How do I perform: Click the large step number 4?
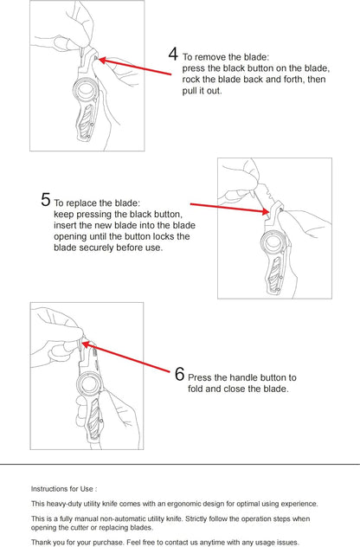[x=173, y=54]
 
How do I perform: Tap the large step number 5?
[x=45, y=200]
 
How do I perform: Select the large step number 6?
[x=179, y=374]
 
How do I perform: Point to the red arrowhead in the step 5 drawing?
[x=265, y=210]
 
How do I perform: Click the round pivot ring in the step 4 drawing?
[x=84, y=90]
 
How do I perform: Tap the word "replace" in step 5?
[x=82, y=203]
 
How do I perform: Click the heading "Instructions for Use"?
[x=64, y=489]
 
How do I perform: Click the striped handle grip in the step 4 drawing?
[x=86, y=119]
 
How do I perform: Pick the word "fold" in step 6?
[x=196, y=389]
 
